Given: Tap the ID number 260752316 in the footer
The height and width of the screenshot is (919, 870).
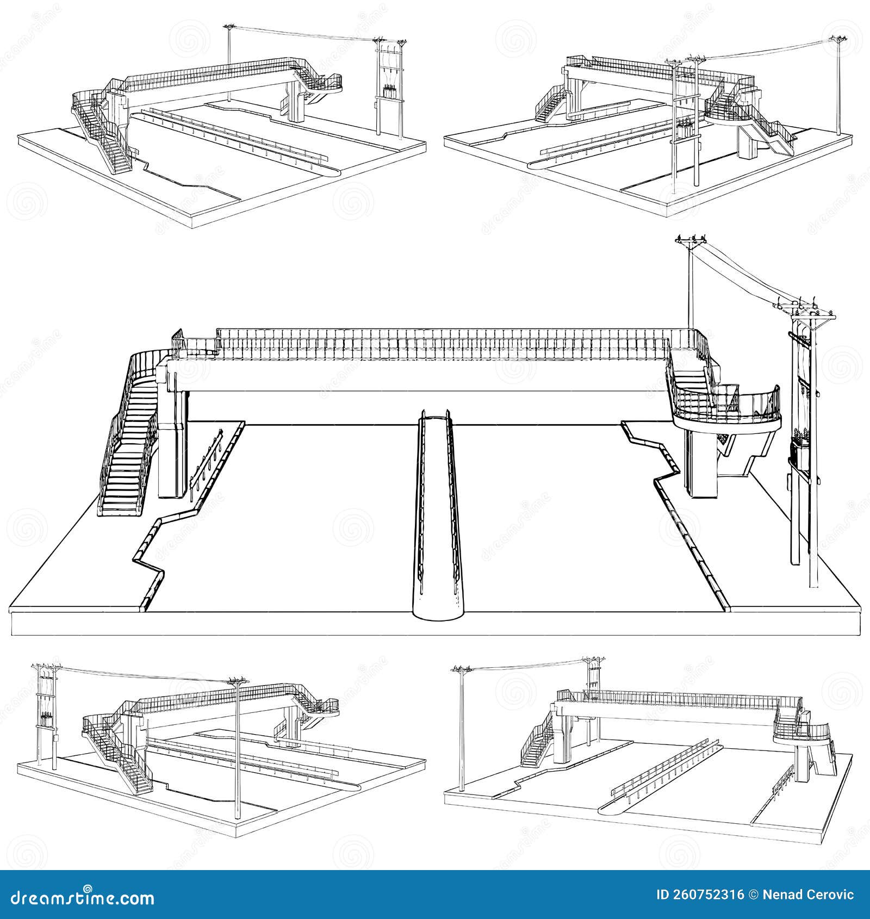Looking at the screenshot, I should [x=706, y=895].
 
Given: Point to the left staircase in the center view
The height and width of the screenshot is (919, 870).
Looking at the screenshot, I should [x=128, y=446].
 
